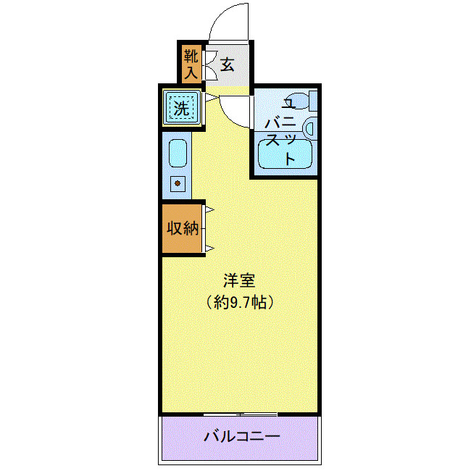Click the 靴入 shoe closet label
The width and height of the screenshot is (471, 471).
coord(190,64)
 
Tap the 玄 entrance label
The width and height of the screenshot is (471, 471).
coord(228,64)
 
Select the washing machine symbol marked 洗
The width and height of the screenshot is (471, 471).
coord(181,109)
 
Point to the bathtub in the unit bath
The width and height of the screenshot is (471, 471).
coord(287,155)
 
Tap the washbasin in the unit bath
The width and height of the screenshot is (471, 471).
coord(310,128)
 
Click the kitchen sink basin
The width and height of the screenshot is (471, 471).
coord(178,154)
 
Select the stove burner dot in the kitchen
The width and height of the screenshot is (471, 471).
coord(177,183)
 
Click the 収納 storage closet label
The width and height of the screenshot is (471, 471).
coord(183,228)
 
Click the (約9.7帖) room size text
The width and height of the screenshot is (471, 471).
coord(239,302)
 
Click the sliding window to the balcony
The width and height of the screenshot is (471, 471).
coord(240,414)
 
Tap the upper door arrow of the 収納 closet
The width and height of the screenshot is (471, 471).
coord(208,211)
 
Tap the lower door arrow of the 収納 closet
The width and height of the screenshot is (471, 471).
coord(208,249)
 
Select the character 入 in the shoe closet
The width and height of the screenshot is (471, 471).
coord(190,72)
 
